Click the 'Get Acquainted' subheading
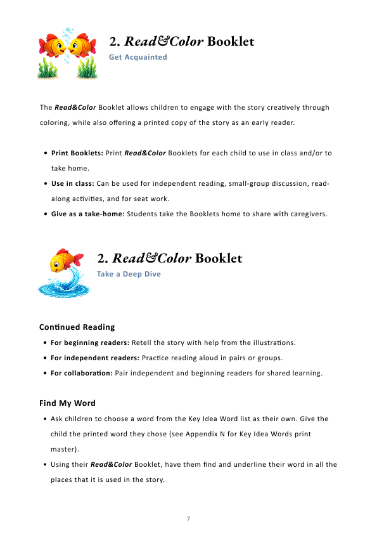[x=138, y=57]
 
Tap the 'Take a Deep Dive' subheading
[x=129, y=274]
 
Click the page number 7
[x=188, y=519]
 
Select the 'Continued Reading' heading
[x=77, y=327]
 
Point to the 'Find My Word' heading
[x=67, y=403]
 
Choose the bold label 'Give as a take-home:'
[x=87, y=214]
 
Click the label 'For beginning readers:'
[x=90, y=343]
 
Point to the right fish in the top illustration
[x=83, y=46]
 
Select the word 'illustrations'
[x=273, y=343]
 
